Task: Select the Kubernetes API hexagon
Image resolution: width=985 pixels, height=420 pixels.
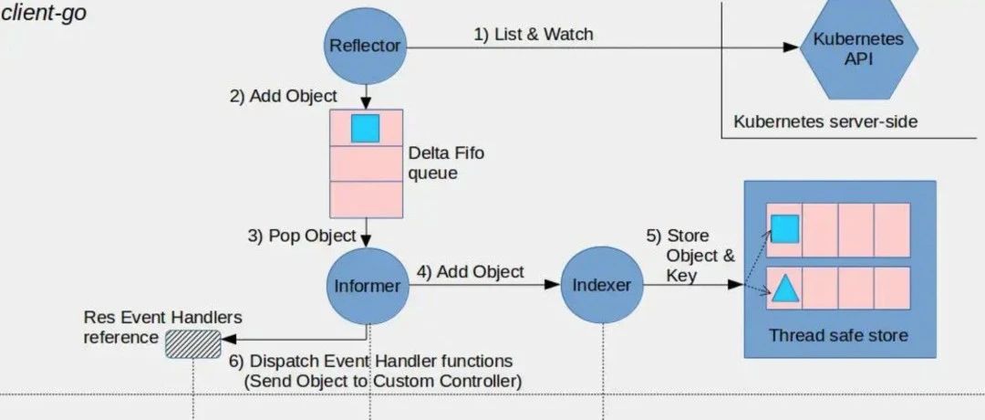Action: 853,50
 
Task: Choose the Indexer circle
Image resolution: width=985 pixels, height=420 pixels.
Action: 601,286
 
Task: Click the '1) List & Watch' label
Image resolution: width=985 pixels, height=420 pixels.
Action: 534,35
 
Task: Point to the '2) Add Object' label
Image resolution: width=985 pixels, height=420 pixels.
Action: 283,96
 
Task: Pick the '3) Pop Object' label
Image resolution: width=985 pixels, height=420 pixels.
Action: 301,236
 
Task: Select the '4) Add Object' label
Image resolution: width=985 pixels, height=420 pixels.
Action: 471,271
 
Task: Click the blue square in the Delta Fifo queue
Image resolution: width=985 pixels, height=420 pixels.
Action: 365,129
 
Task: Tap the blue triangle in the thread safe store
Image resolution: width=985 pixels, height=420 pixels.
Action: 784,290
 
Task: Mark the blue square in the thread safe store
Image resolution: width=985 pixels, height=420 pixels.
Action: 784,228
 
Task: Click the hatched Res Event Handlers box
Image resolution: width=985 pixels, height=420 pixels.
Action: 193,343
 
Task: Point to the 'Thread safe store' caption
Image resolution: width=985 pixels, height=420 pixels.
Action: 838,335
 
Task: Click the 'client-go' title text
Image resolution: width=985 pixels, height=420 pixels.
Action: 44,14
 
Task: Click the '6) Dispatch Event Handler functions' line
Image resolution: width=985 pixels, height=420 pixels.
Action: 369,362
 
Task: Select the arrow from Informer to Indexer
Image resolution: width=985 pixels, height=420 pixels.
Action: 483,286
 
